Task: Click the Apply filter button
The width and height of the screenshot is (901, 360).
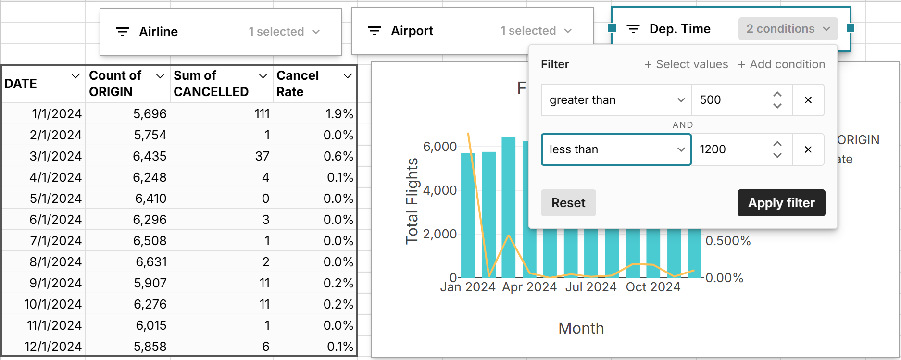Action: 781,203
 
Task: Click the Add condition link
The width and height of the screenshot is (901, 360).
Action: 782,64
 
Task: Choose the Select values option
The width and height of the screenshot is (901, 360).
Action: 686,64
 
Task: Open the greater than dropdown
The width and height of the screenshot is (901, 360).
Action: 616,100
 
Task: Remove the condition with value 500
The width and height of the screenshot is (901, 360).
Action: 808,100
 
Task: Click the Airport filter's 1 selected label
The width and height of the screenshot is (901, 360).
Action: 528,31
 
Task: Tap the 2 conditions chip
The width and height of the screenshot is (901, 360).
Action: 788,29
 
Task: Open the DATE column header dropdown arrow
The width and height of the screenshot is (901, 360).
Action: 75,76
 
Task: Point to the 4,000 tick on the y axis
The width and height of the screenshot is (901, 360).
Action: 439,190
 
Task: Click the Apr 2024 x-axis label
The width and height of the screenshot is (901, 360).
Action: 529,287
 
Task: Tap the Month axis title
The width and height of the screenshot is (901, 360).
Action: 581,328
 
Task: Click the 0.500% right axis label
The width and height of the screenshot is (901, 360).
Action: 727,241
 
